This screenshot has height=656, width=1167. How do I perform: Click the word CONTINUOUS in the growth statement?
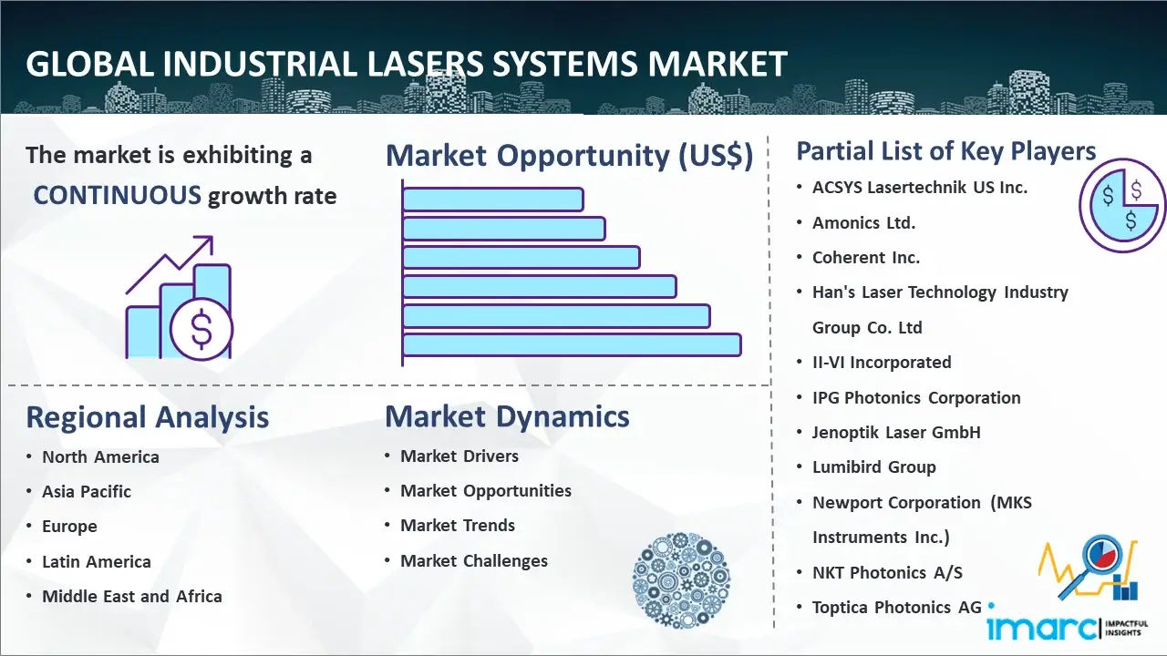coord(117,196)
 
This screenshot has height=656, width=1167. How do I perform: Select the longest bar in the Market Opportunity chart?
coord(572,345)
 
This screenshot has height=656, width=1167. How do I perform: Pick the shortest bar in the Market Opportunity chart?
coord(493,200)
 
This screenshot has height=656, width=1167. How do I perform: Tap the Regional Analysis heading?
coord(148,417)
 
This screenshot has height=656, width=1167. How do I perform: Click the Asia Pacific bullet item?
coord(87,491)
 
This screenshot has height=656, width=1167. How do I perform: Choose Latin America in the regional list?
coord(97,562)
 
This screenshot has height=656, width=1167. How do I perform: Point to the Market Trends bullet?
coord(458,526)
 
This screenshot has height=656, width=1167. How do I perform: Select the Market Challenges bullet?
coord(474,560)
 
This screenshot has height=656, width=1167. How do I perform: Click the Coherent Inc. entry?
coord(866,258)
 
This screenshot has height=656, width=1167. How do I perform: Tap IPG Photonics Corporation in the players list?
coord(916,398)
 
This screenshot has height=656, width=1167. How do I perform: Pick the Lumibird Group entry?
coord(874,467)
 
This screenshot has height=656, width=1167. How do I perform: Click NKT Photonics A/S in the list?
coord(887,573)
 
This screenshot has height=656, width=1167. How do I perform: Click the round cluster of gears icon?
coord(681,580)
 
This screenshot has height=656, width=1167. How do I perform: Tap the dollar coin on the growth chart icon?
coord(201,330)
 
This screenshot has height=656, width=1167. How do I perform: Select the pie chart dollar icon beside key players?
coord(1121,206)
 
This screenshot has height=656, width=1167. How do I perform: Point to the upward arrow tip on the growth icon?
coord(212,238)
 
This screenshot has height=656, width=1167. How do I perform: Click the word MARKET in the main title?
coord(717,64)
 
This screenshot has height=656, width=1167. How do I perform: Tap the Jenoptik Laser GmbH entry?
coord(896,432)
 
